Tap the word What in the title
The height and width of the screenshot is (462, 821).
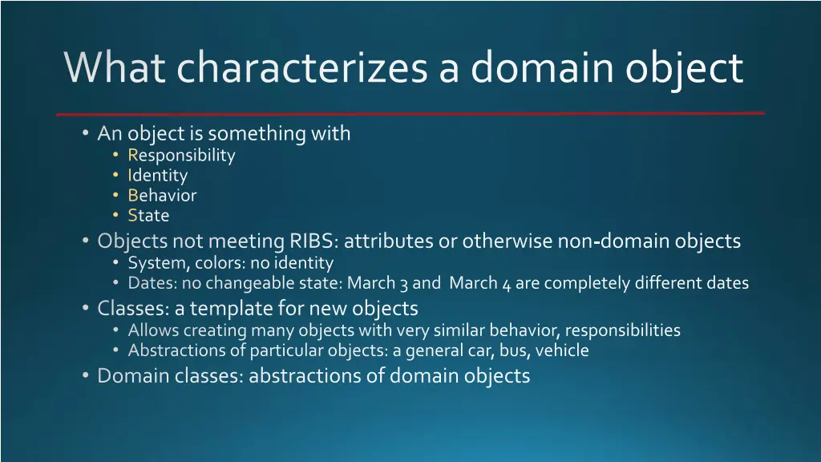pyautogui.click(x=115, y=67)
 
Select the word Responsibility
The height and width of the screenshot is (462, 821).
pyautogui.click(x=181, y=156)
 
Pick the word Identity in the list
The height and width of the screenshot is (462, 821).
pyautogui.click(x=157, y=176)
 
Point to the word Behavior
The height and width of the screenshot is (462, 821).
pyautogui.click(x=162, y=196)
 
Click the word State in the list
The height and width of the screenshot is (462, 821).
pyautogui.click(x=148, y=216)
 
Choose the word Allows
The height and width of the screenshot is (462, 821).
pyautogui.click(x=153, y=330)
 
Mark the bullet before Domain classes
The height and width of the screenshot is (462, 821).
pyautogui.click(x=86, y=375)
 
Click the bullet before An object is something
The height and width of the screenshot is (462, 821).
pyautogui.click(x=86, y=133)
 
